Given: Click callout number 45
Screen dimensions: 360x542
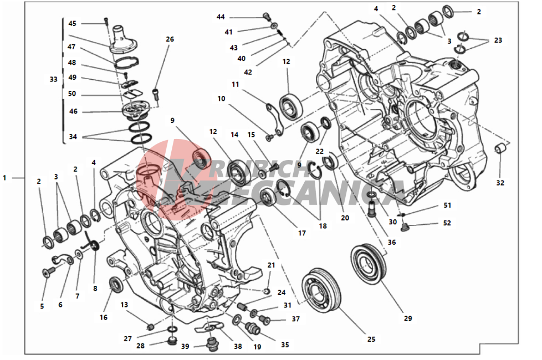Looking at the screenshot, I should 73,23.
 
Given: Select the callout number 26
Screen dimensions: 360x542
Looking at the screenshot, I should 170,39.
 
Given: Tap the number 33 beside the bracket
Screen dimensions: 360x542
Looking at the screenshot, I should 53,79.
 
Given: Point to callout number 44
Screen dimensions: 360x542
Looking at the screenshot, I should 221,17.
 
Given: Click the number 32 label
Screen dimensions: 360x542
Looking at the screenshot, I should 500,183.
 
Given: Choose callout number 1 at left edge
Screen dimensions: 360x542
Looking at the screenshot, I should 4,178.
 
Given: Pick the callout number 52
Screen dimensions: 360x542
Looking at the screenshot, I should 447,223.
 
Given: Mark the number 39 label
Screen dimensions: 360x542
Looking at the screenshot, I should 185,346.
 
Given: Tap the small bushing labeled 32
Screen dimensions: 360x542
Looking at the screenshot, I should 500,149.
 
